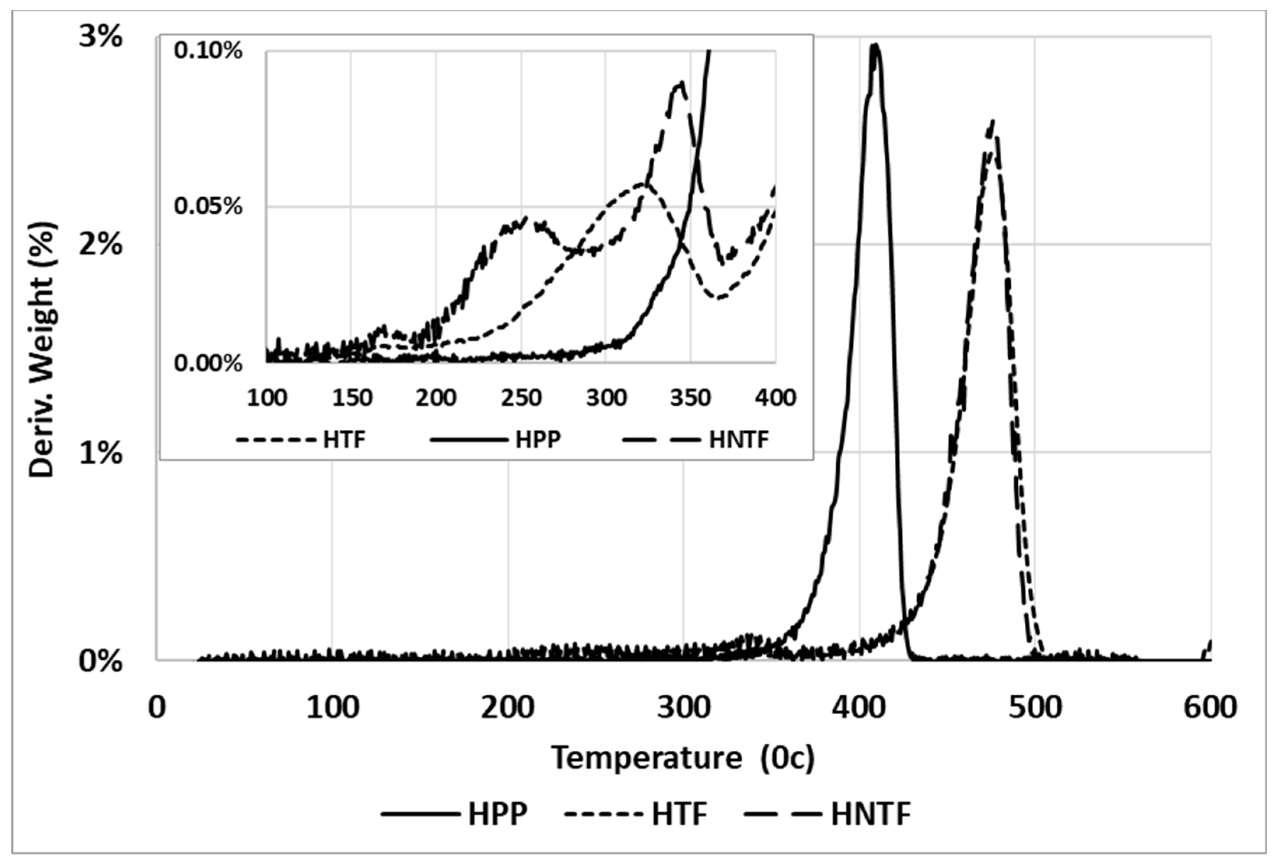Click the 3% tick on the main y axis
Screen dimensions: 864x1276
(100, 38)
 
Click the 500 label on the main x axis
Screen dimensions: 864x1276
(1034, 708)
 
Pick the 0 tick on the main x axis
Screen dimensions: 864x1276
(157, 708)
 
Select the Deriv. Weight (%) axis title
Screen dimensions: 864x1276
(42, 349)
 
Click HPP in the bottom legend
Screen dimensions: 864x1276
(498, 813)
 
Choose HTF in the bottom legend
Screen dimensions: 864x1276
(679, 813)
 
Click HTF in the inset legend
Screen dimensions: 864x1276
(344, 439)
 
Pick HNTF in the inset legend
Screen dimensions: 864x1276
(739, 439)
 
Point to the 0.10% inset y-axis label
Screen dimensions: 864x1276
(208, 51)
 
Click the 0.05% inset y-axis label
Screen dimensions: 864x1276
(208, 207)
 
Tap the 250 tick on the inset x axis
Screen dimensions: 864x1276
(521, 397)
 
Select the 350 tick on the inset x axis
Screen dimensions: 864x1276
(690, 397)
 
